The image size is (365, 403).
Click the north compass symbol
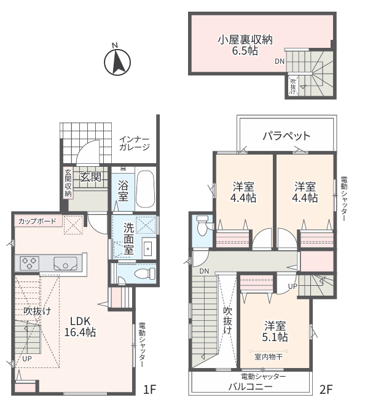117,62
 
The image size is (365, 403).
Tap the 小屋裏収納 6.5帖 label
245,45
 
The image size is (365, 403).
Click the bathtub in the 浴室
145,189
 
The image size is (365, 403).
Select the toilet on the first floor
145,273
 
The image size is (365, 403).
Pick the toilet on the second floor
202,225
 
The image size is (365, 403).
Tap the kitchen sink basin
66,264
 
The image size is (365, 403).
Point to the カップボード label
37,221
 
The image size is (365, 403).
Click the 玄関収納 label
68,182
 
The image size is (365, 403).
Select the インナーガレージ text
135,143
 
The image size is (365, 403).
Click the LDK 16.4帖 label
80,327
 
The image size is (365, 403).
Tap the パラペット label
286,136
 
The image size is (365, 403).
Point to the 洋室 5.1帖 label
275,331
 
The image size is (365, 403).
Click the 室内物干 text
269,357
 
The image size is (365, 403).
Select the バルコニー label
250,387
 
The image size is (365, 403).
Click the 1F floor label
150,390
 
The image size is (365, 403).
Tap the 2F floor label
326,390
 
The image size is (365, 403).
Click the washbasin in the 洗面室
149,249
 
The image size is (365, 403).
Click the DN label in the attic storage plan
280,61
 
